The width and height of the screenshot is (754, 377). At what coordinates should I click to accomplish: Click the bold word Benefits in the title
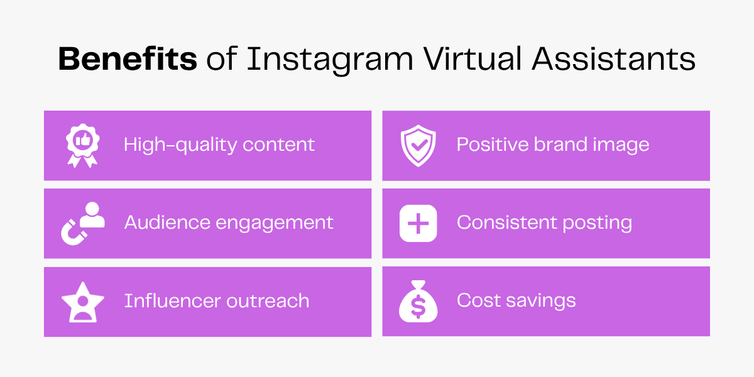[x=128, y=60]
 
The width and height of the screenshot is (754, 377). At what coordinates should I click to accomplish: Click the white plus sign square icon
[x=418, y=223]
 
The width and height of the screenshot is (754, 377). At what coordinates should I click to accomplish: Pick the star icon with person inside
[x=82, y=302]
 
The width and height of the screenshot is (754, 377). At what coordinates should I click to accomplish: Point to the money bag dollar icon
[x=418, y=302]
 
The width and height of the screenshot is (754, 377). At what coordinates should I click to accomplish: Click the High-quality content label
[x=219, y=145]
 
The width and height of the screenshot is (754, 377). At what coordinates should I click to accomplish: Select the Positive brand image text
[x=553, y=145]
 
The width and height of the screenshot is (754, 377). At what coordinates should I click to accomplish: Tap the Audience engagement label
[x=229, y=222]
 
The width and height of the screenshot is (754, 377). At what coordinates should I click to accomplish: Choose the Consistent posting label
[x=544, y=222]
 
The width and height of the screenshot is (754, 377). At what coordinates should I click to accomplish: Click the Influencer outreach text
[x=217, y=301]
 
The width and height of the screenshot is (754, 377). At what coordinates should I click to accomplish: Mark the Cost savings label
[x=516, y=300]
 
